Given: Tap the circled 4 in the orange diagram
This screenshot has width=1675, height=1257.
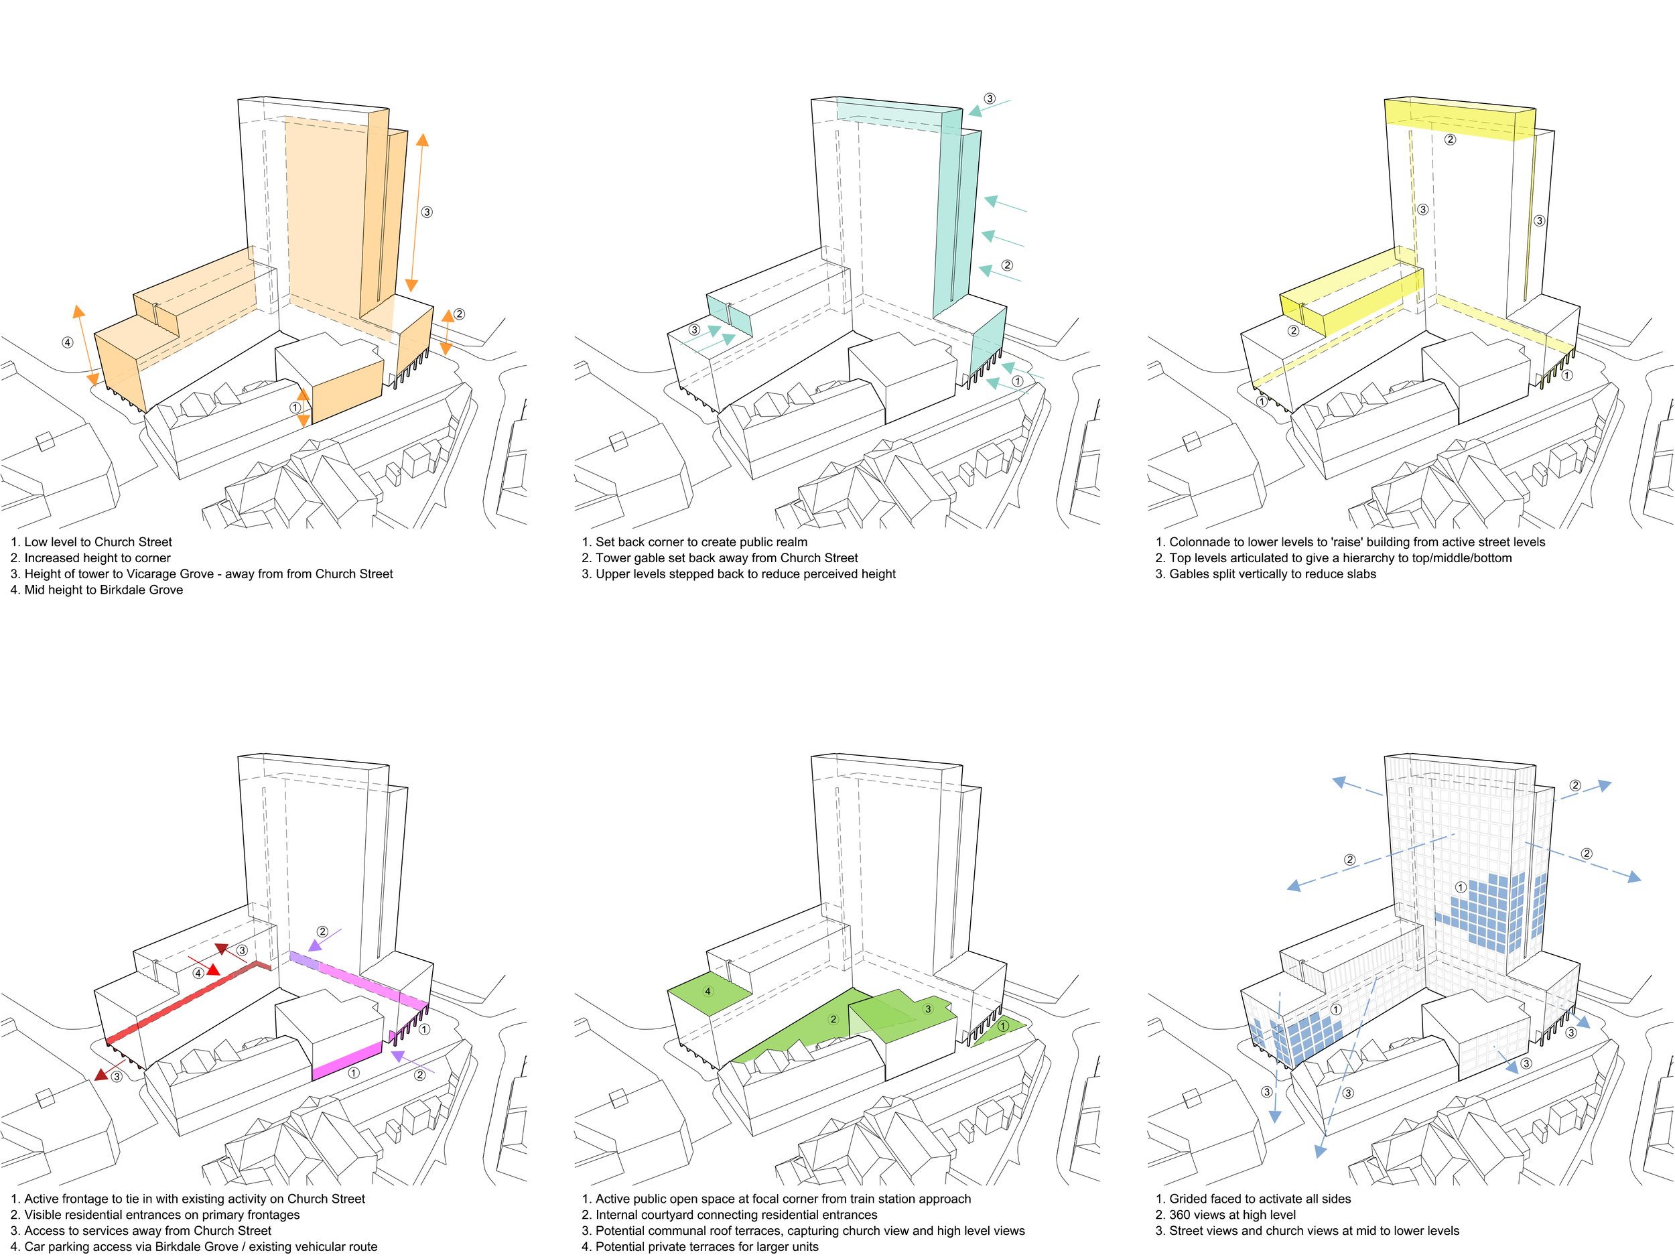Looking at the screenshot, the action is (68, 342).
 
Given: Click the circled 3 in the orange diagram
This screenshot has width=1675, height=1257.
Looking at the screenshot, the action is (427, 212).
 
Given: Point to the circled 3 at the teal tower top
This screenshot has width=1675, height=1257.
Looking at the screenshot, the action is (990, 98).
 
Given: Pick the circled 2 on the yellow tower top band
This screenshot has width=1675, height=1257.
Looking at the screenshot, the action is (1450, 139).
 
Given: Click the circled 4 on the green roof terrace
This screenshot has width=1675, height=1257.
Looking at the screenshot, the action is (708, 991).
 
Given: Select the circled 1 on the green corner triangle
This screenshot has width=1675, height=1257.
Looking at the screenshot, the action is (1004, 1026).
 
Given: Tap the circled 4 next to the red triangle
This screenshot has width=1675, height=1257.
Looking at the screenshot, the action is (198, 973).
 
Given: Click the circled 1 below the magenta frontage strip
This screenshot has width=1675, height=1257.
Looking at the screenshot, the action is (353, 1072).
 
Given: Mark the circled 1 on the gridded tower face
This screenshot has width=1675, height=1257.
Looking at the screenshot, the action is (1461, 886).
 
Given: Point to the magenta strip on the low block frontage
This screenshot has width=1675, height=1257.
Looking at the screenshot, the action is (347, 1059).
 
